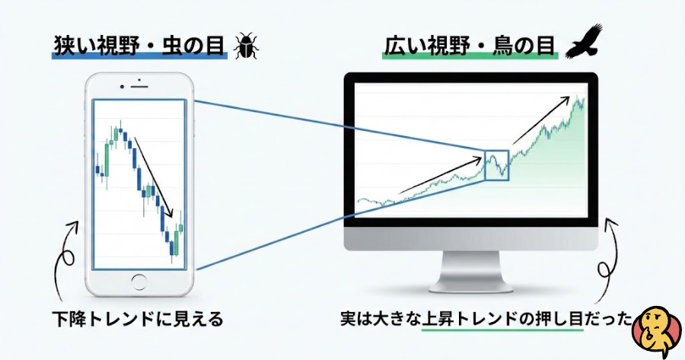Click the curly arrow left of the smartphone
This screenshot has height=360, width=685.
(66, 259)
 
